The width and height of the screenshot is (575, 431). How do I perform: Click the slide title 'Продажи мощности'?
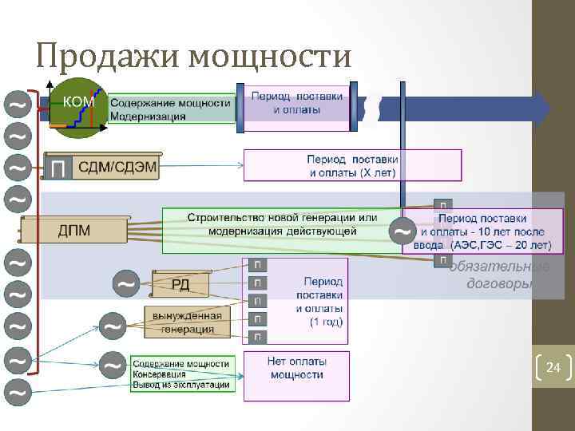tap(193, 55)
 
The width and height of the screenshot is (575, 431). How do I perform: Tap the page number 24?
tap(553, 368)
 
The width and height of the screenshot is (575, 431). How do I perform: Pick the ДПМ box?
tap(74, 230)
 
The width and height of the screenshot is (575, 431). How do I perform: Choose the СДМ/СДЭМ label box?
tap(117, 167)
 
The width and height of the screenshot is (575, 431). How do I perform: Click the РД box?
tap(180, 283)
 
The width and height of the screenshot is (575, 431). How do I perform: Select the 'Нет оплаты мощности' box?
tap(296, 375)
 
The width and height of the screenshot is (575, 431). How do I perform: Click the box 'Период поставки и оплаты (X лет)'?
tap(352, 165)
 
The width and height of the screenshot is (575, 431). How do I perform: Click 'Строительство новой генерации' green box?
tap(282, 224)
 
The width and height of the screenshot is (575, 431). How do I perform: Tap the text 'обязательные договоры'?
tap(498, 275)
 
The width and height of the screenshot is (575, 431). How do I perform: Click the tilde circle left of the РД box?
tap(125, 283)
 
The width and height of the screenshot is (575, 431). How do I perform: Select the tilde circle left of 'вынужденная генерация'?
tap(113, 326)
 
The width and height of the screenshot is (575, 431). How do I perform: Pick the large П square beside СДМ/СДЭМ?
tap(58, 168)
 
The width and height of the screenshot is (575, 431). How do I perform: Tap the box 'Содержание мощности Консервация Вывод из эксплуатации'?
tap(181, 374)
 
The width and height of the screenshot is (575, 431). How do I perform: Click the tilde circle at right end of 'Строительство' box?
tap(403, 231)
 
